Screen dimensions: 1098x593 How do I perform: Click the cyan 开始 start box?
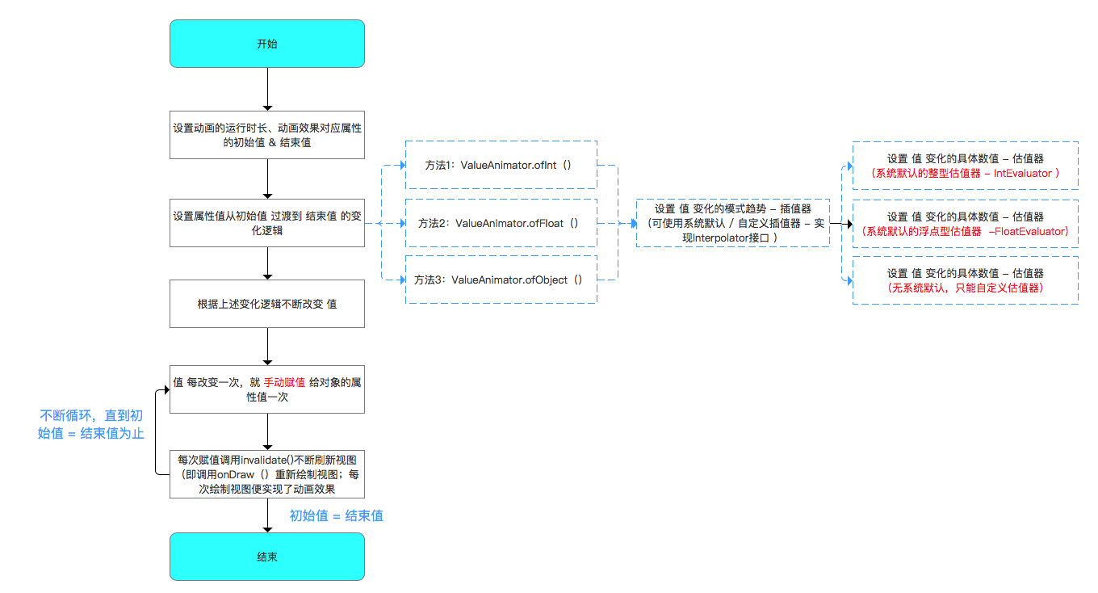[x=267, y=44]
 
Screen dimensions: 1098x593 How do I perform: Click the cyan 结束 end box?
[x=267, y=557]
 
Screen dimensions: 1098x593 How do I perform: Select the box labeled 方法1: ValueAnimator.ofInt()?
[x=501, y=165]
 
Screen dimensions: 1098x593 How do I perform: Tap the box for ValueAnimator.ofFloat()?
[x=501, y=223]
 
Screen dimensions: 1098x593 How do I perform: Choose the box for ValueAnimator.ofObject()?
[x=501, y=280]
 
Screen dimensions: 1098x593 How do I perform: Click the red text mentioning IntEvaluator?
[x=965, y=174]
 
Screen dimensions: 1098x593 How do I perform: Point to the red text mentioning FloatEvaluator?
[x=965, y=232]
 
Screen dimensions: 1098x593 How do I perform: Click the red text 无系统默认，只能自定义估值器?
[x=965, y=288]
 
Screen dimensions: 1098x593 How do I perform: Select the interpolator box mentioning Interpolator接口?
[x=733, y=223]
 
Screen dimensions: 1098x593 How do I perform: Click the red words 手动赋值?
[x=284, y=382]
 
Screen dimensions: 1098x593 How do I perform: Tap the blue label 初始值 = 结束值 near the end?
[x=336, y=515]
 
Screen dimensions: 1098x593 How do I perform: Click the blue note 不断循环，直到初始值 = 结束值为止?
[x=91, y=425]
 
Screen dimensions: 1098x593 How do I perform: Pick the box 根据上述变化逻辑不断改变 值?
[x=267, y=304]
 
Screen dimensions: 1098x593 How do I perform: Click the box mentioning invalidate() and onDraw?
[x=267, y=474]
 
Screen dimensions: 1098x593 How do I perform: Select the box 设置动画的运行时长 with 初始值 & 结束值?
[x=267, y=135]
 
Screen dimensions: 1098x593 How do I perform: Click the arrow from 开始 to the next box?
[x=268, y=89]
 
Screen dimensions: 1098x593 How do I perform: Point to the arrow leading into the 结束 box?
[x=268, y=515]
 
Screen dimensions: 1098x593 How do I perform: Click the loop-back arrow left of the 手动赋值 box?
[x=155, y=431]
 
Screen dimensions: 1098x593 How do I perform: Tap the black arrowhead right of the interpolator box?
[x=850, y=224]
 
